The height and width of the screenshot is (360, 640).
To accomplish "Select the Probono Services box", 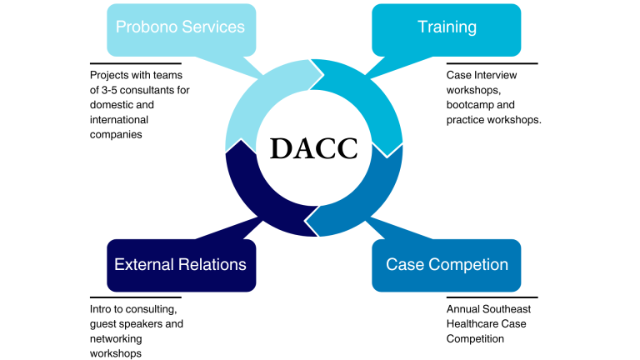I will [x=180, y=27].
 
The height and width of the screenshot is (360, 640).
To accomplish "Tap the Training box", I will [x=447, y=27].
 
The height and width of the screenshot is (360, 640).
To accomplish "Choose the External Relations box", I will [x=180, y=265].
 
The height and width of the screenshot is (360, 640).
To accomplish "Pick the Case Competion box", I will [x=447, y=265].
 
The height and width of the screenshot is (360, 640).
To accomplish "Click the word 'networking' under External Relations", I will [x=116, y=338].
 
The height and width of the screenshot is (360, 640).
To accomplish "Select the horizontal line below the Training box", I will [x=492, y=63].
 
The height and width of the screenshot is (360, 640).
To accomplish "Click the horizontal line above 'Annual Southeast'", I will [x=492, y=297].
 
